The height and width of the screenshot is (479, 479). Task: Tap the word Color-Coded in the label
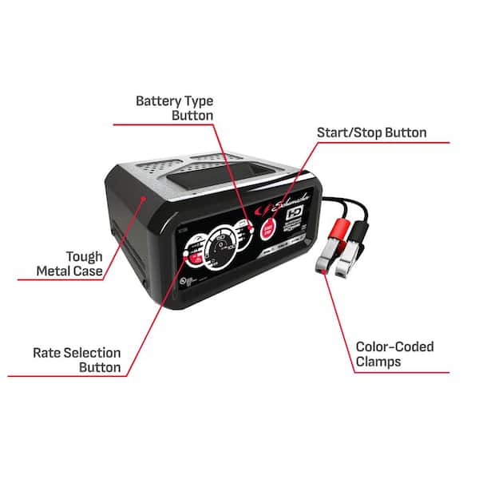click(x=395, y=346)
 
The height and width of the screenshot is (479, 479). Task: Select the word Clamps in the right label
click(x=378, y=362)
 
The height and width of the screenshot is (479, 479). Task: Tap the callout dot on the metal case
click(x=144, y=196)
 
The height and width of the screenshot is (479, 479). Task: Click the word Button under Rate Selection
click(x=100, y=367)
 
